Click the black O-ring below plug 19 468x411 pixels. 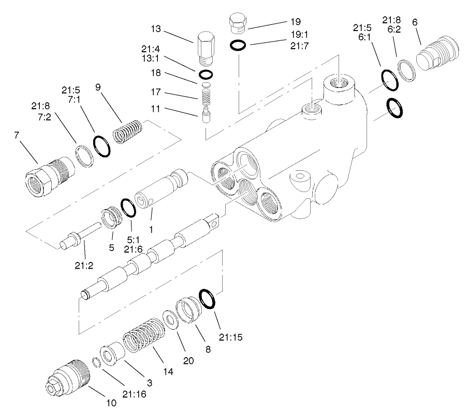pos(238,46)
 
